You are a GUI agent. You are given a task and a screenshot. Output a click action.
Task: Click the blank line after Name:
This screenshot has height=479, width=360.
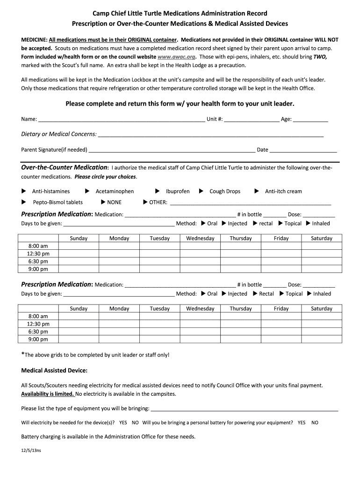click(x=122, y=119)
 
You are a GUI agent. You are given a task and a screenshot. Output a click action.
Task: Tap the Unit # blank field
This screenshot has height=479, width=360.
click(x=252, y=119)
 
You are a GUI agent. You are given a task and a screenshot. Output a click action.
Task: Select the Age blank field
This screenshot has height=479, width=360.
click(x=310, y=119)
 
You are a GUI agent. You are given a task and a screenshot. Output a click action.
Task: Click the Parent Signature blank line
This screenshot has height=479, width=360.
click(x=172, y=150)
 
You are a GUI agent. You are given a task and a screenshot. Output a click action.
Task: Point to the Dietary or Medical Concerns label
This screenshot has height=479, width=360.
click(x=59, y=134)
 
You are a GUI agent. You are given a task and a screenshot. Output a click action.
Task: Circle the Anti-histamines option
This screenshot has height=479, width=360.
click(x=50, y=191)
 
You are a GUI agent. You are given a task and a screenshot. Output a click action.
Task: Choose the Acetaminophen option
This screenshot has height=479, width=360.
click(x=115, y=191)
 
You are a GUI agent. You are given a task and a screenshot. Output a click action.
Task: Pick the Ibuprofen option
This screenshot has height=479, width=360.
click(x=178, y=191)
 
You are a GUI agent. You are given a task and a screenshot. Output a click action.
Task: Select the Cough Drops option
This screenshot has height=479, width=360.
click(x=225, y=191)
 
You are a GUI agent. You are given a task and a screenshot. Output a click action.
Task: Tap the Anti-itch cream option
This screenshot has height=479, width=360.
click(x=283, y=191)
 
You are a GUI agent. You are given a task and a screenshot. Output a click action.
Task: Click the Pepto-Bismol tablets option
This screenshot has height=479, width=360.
click(x=58, y=202)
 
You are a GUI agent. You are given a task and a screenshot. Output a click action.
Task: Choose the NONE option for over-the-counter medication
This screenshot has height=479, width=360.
click(x=114, y=202)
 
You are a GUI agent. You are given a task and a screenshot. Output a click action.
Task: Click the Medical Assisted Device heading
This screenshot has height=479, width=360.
click(x=54, y=370)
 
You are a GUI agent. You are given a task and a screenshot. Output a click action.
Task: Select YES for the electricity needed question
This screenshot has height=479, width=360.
click(x=123, y=422)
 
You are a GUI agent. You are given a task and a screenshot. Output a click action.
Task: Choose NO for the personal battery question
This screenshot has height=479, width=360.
click(x=315, y=422)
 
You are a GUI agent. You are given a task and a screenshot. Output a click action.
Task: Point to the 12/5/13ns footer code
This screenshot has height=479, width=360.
click(x=31, y=451)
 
